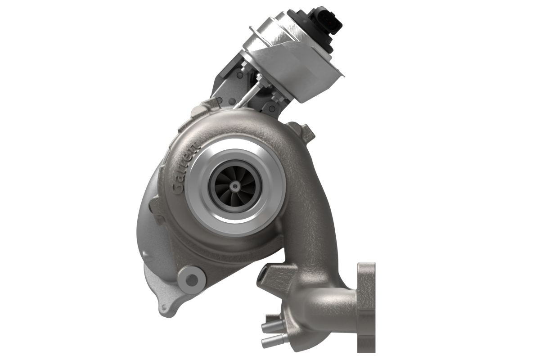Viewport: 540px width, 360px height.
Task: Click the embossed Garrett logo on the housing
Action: tap(186, 169)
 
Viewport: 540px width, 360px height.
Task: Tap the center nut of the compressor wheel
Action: tap(234, 186)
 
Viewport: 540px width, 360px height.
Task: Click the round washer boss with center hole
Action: tap(192, 279)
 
